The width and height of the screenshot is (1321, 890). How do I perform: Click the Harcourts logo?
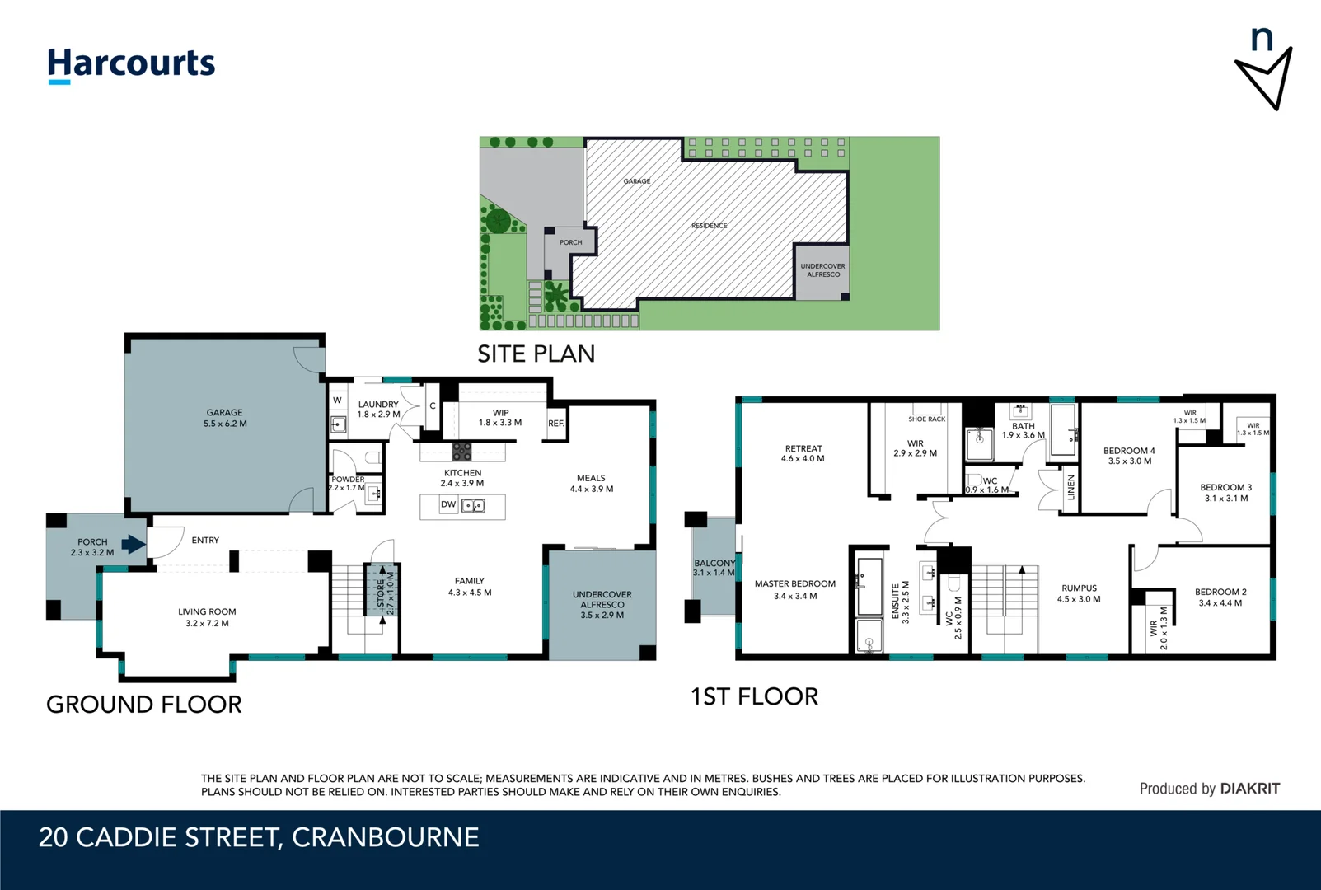click(131, 64)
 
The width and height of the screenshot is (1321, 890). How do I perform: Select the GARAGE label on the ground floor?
click(224, 413)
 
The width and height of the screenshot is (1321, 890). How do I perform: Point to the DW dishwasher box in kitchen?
click(448, 504)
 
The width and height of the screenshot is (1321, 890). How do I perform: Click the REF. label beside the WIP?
click(556, 424)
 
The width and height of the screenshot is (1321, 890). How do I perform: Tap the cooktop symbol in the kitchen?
click(462, 452)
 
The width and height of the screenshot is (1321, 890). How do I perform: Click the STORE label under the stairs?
click(381, 593)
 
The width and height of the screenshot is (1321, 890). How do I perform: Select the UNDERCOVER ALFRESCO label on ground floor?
click(602, 599)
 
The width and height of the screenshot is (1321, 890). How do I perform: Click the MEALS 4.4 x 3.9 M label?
click(591, 484)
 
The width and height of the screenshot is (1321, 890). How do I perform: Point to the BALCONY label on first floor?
click(714, 564)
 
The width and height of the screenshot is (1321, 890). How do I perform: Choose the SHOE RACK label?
click(926, 419)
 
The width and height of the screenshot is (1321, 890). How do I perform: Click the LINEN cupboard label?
click(1071, 488)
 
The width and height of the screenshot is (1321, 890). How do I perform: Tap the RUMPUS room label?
click(1079, 588)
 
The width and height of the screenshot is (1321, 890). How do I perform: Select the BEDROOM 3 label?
click(1225, 488)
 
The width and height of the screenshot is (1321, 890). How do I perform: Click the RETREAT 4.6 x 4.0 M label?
click(803, 453)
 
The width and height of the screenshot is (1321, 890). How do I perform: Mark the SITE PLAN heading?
click(536, 354)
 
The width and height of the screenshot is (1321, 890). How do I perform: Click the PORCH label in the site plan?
click(570, 242)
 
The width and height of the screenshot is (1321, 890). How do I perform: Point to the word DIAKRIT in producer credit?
click(1249, 789)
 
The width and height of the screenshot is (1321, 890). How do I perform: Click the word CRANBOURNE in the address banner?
click(385, 838)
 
